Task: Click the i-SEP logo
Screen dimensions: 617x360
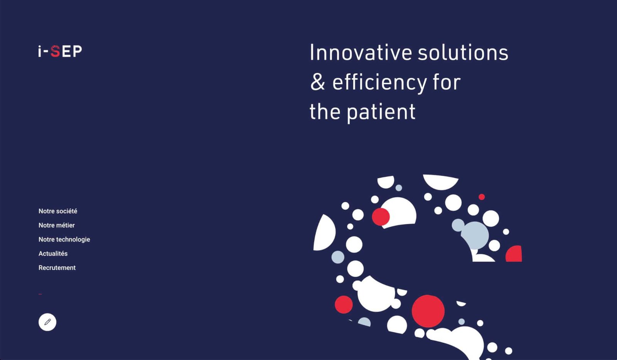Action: [x=60, y=52]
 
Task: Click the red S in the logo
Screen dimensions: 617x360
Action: [x=56, y=52]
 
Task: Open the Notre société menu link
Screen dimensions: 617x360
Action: [x=58, y=211]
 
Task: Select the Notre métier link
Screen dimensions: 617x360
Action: [x=56, y=225]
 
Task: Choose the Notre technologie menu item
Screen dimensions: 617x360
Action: [x=64, y=239]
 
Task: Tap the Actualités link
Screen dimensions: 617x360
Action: [x=53, y=254]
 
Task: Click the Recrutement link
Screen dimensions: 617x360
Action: [x=57, y=268]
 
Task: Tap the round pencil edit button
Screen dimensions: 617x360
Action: [x=47, y=322]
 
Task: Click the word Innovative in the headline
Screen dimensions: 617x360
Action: [x=361, y=52]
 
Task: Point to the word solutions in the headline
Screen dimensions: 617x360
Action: [x=463, y=52]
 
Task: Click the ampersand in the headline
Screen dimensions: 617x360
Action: [x=318, y=82]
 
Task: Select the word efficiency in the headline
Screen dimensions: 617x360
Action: [x=379, y=82]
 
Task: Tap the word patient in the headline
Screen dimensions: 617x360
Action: [x=381, y=112]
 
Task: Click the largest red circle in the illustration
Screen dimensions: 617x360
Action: [x=428, y=311]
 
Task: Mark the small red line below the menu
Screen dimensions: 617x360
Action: [x=40, y=294]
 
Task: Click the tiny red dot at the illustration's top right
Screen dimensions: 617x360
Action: [x=482, y=197]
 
